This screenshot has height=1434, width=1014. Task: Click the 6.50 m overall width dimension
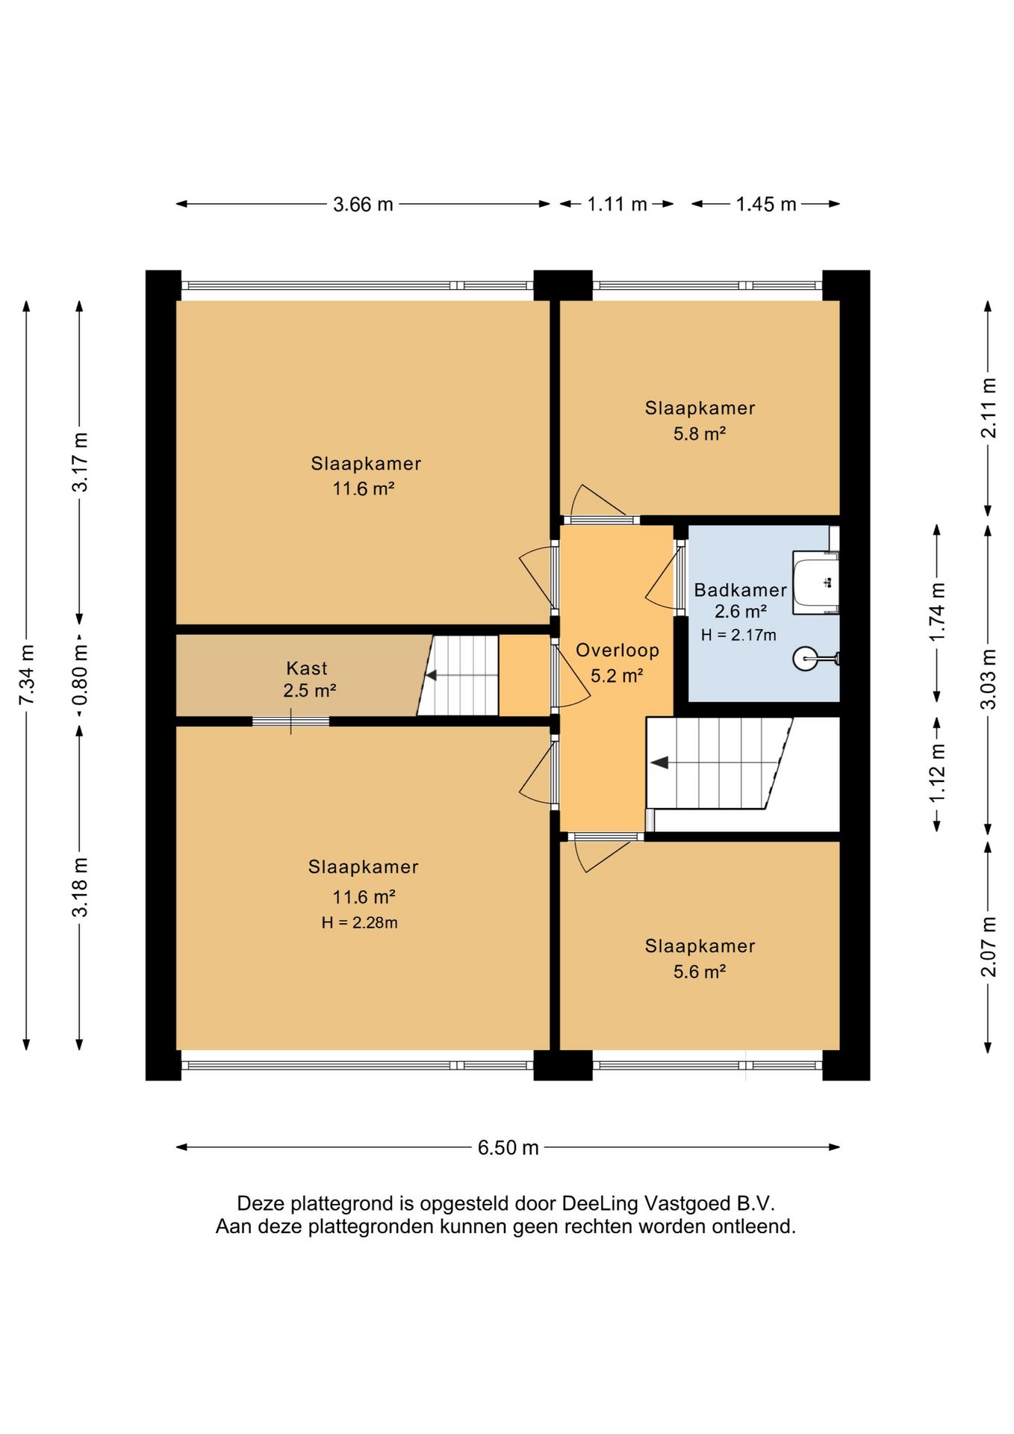pos(508,1147)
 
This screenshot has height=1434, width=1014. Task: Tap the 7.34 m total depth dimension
pos(27,674)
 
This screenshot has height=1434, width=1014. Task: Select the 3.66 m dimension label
pos(363,204)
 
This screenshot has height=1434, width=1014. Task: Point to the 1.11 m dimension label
pos(617,204)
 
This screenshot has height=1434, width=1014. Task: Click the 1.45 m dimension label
pos(766,204)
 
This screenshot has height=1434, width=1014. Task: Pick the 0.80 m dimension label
pos(80,674)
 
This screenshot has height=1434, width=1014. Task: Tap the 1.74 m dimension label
pos(937,612)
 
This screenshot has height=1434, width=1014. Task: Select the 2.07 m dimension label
pos(988,946)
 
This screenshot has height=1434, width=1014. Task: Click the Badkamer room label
pos(740,590)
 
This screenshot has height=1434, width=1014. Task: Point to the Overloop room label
pos(618,651)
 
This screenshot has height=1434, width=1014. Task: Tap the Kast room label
pos(307,668)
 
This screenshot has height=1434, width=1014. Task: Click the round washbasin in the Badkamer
pos(806,658)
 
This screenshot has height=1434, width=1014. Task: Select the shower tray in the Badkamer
pos(815,582)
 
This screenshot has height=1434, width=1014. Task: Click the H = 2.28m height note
pos(359,923)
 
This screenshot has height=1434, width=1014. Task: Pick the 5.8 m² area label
pos(700,434)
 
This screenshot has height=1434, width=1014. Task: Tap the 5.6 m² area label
pos(700,972)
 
